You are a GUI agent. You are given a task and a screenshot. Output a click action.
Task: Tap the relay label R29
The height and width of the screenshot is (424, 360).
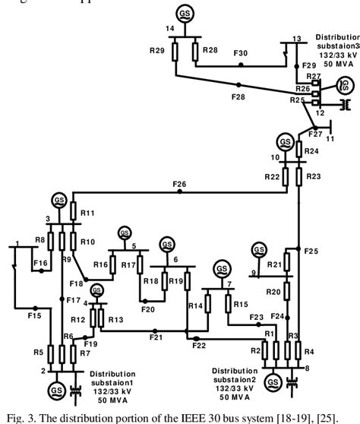click(x=157, y=50)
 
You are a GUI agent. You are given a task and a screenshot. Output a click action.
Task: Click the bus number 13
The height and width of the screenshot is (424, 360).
click(x=296, y=38)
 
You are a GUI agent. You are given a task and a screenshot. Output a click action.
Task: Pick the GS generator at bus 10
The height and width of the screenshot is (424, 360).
click(x=285, y=142)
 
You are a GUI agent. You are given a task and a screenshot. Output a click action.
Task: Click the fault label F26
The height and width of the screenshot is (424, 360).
click(x=179, y=184)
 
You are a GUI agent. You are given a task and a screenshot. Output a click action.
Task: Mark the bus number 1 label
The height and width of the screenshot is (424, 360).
click(x=16, y=243)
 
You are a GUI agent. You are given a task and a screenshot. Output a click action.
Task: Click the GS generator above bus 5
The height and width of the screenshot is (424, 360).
click(x=123, y=232)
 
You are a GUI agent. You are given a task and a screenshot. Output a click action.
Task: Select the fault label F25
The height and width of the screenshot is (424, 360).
click(x=311, y=251)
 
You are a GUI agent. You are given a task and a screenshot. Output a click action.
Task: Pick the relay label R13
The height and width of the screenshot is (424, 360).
click(x=115, y=320)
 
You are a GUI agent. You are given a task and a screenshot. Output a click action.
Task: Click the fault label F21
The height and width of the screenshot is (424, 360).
click(x=156, y=337)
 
